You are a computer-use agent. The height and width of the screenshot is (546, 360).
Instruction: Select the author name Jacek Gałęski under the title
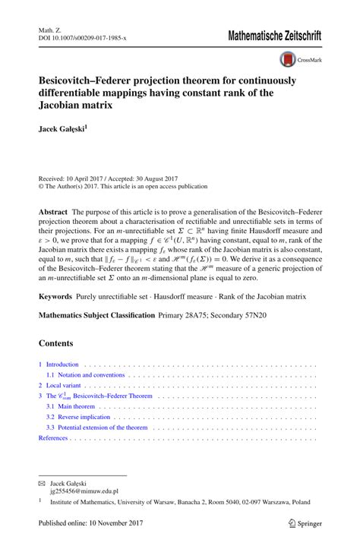coord(63,130)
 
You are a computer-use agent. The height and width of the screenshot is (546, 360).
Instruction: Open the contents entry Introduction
coord(62,365)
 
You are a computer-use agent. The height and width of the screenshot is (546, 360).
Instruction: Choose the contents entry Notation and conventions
coord(89,375)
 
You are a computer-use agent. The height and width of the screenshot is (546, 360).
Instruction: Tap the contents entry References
coord(53,438)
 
